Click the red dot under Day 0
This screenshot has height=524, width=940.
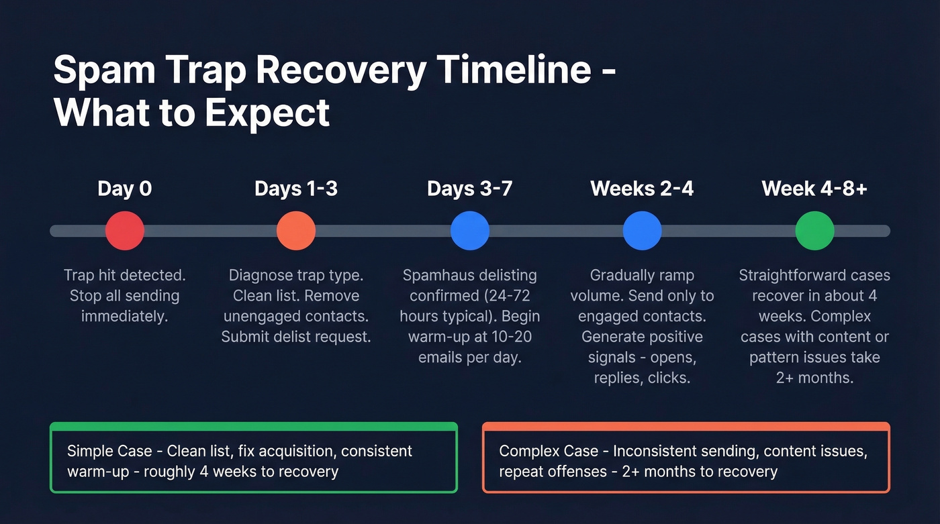point(125,231)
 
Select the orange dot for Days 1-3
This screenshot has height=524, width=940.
point(296,231)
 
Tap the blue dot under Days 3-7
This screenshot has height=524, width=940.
point(469,231)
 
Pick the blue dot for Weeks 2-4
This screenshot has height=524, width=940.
point(642,231)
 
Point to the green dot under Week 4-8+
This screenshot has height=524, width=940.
point(814,231)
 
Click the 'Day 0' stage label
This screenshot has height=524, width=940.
point(125,189)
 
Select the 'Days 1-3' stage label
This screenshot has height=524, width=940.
point(296,189)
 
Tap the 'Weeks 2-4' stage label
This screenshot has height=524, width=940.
point(642,189)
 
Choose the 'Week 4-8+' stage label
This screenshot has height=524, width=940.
point(814,189)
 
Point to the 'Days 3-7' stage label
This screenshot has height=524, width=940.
point(469,189)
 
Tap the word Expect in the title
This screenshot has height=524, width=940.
point(267,112)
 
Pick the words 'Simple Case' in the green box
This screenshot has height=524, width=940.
point(109,451)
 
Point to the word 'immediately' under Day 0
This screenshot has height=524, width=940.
point(125,316)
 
